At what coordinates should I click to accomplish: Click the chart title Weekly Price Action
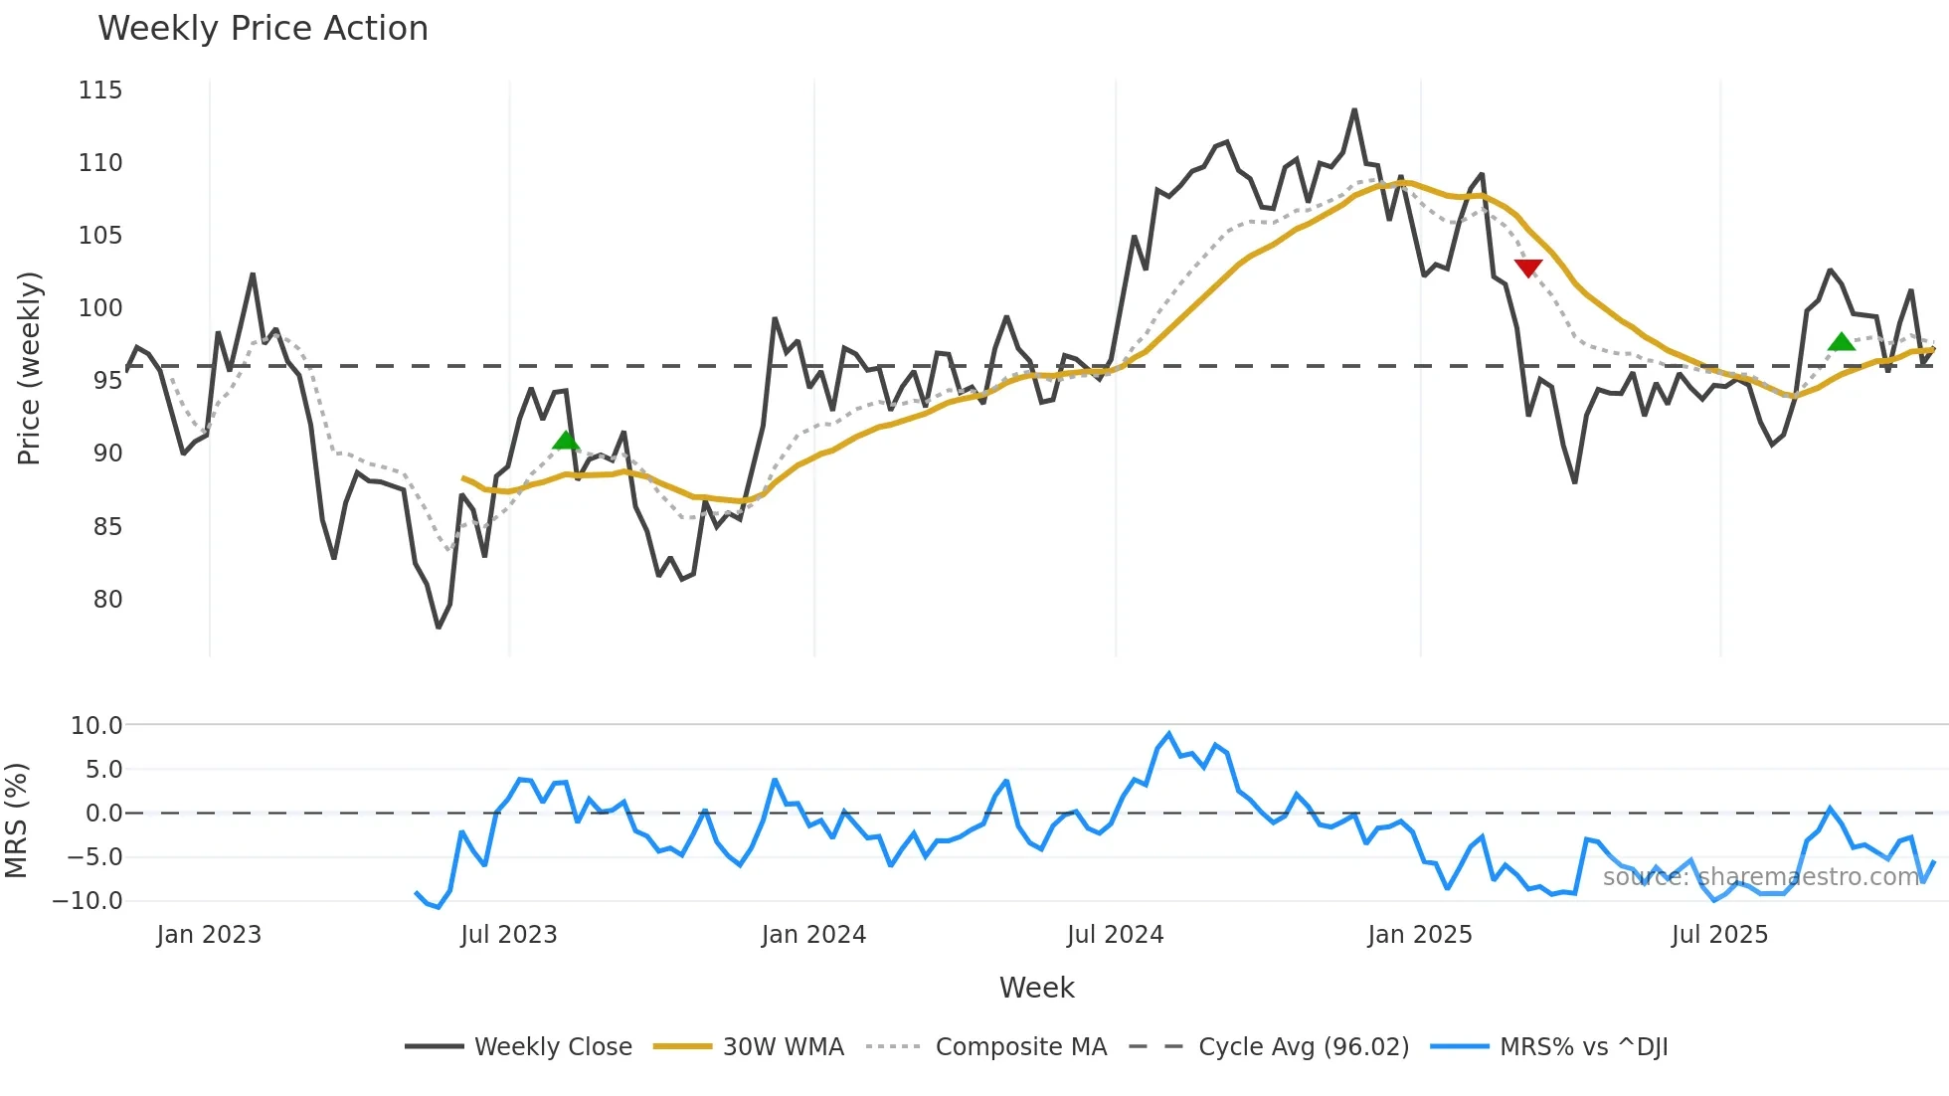click(x=263, y=29)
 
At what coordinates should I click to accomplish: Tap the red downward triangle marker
click(x=1528, y=268)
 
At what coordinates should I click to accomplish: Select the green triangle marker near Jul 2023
click(x=566, y=441)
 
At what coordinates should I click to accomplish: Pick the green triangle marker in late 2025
click(x=1842, y=342)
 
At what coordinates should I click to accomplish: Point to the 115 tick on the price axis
click(x=100, y=91)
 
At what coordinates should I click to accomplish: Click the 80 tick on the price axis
click(x=107, y=600)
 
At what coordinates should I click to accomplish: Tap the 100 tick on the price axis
click(x=100, y=308)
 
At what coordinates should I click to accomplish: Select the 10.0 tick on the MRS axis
click(x=96, y=726)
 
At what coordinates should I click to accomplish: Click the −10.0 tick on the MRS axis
click(x=88, y=901)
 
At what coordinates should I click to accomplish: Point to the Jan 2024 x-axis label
click(x=813, y=935)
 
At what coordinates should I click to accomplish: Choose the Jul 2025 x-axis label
click(x=1719, y=935)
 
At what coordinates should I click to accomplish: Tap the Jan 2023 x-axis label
click(x=209, y=935)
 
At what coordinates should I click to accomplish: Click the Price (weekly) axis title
click(x=30, y=368)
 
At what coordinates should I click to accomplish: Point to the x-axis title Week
click(x=1036, y=988)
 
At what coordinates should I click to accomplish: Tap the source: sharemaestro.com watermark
click(x=1760, y=877)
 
